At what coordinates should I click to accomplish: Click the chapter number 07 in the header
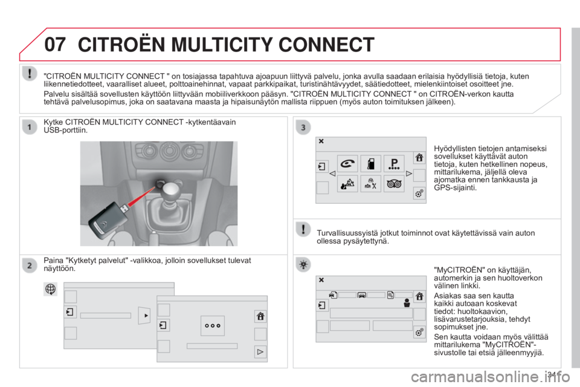pyautogui.click(x=55, y=44)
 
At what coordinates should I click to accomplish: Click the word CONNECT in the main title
pyautogui.click(x=326, y=44)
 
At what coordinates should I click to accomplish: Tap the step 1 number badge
pyautogui.click(x=30, y=128)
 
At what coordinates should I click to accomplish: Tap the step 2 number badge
pyautogui.click(x=30, y=265)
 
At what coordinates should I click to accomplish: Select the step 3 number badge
pyautogui.click(x=303, y=128)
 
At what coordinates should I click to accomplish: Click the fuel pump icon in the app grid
pyautogui.click(x=370, y=163)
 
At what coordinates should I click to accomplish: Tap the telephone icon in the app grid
pyautogui.click(x=347, y=163)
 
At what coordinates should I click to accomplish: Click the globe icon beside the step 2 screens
pyautogui.click(x=50, y=289)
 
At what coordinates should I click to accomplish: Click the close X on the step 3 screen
pyautogui.click(x=321, y=141)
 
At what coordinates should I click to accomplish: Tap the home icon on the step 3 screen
pyautogui.click(x=419, y=157)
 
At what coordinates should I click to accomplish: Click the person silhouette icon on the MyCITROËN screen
pyautogui.click(x=407, y=303)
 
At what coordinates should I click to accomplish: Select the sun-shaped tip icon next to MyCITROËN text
pyautogui.click(x=303, y=265)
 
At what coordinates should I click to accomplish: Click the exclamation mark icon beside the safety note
pyautogui.click(x=303, y=229)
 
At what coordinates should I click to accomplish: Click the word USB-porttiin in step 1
pyautogui.click(x=65, y=131)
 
